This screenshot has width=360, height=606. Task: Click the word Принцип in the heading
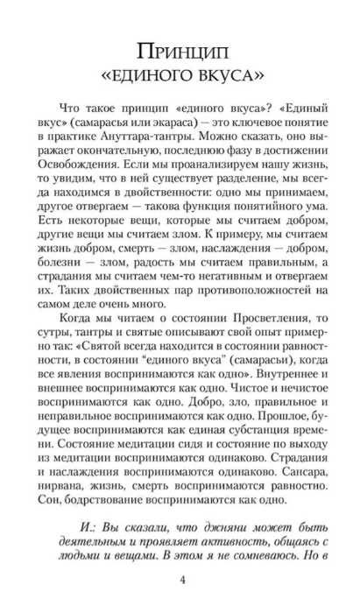tap(180, 46)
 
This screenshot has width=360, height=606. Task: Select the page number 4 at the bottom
tap(180, 581)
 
